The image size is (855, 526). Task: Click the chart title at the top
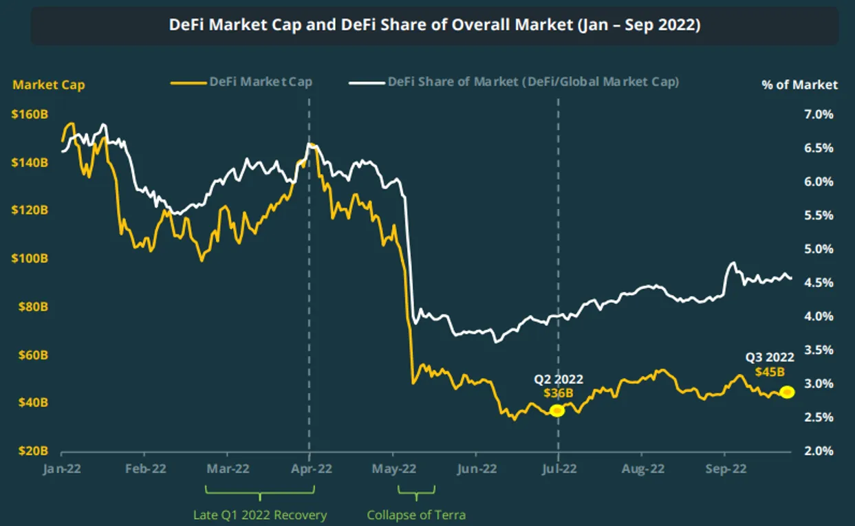[x=435, y=25]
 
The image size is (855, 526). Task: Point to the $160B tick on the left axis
[x=30, y=115]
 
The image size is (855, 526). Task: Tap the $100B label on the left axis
[x=30, y=259]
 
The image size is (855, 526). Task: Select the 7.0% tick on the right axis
[x=819, y=114]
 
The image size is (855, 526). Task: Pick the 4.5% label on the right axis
[x=819, y=283]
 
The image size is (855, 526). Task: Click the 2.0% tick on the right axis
[x=819, y=451]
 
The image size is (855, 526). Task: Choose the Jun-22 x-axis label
[x=476, y=470]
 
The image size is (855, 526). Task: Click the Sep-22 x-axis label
[x=724, y=470]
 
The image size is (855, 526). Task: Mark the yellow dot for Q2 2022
[x=557, y=410]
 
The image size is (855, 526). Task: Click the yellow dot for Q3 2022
[x=788, y=392]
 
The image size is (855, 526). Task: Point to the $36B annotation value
[x=558, y=393]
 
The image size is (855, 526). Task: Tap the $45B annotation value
[x=770, y=372]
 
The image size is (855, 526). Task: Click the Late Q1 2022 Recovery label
[x=259, y=515]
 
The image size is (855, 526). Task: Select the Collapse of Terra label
[x=416, y=515]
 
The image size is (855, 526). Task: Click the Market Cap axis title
[x=49, y=85]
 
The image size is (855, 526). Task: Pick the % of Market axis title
[x=799, y=85]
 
